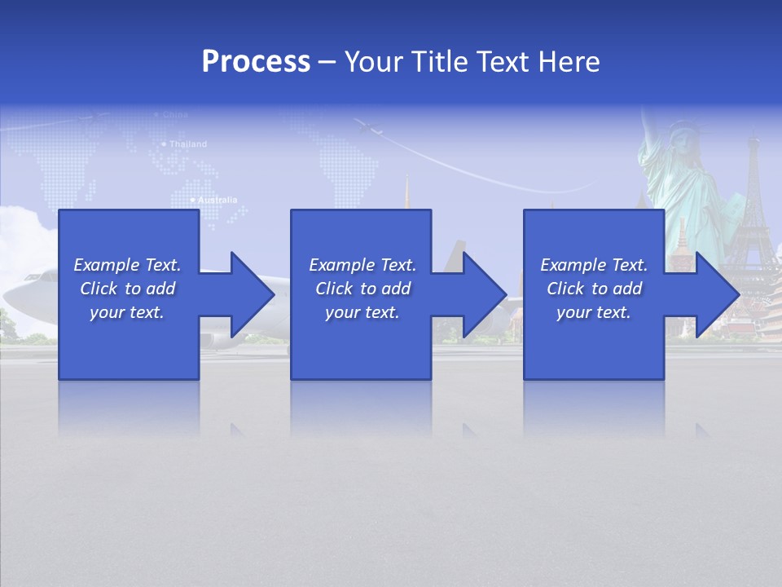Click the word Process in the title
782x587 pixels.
point(256,62)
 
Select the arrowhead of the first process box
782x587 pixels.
point(252,294)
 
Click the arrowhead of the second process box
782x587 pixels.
point(485,294)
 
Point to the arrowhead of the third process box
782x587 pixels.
point(717,294)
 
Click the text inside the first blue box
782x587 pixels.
point(127,289)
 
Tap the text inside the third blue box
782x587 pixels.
point(594,289)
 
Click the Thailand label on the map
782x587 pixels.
point(187,144)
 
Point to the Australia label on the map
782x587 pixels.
point(216,200)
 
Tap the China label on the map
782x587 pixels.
point(174,115)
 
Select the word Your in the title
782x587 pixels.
point(372,62)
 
